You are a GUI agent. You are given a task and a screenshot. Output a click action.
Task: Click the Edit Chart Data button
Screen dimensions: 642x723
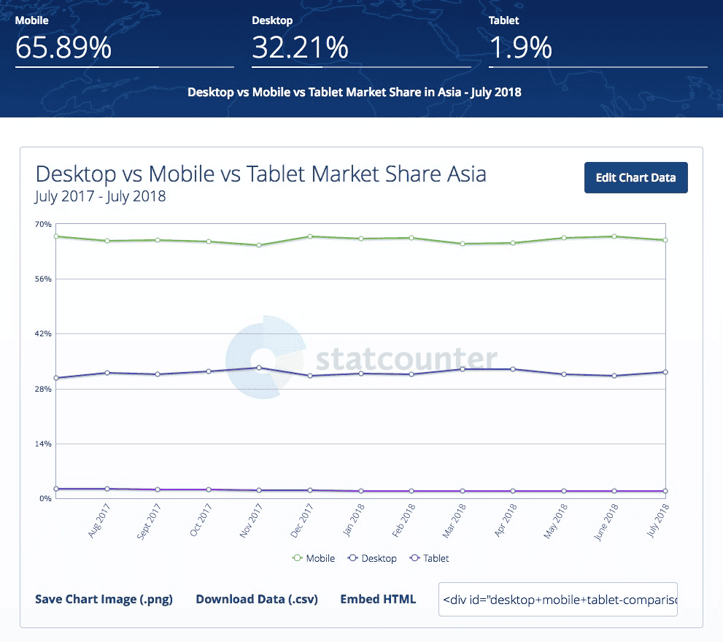(635, 177)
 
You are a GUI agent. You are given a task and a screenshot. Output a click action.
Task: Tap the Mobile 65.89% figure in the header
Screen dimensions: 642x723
(63, 48)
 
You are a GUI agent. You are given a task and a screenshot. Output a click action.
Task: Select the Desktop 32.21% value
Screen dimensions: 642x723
(300, 48)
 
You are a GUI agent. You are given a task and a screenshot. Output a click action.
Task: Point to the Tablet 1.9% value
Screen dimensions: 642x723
(520, 48)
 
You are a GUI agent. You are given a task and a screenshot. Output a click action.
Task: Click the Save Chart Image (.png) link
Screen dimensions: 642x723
(104, 599)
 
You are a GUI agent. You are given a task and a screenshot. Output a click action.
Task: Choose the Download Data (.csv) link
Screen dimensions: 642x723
(257, 599)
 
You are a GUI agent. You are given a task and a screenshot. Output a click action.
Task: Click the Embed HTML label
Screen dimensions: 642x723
(378, 599)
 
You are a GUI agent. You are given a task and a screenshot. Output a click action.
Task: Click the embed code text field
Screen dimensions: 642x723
(557, 599)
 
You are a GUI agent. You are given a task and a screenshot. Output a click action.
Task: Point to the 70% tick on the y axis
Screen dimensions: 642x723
(43, 224)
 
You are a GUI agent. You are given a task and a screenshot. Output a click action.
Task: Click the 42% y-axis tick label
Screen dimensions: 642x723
(43, 334)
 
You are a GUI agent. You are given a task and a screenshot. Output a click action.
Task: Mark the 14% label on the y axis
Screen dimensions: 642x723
(43, 444)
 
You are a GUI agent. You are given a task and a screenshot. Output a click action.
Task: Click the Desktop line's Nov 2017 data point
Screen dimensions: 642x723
(259, 368)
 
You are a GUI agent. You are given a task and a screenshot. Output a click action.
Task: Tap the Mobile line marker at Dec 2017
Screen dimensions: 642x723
(310, 236)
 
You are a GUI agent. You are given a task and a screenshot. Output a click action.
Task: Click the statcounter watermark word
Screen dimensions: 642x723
(406, 360)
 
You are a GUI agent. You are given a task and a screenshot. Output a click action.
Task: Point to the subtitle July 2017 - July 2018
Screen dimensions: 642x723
(100, 196)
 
